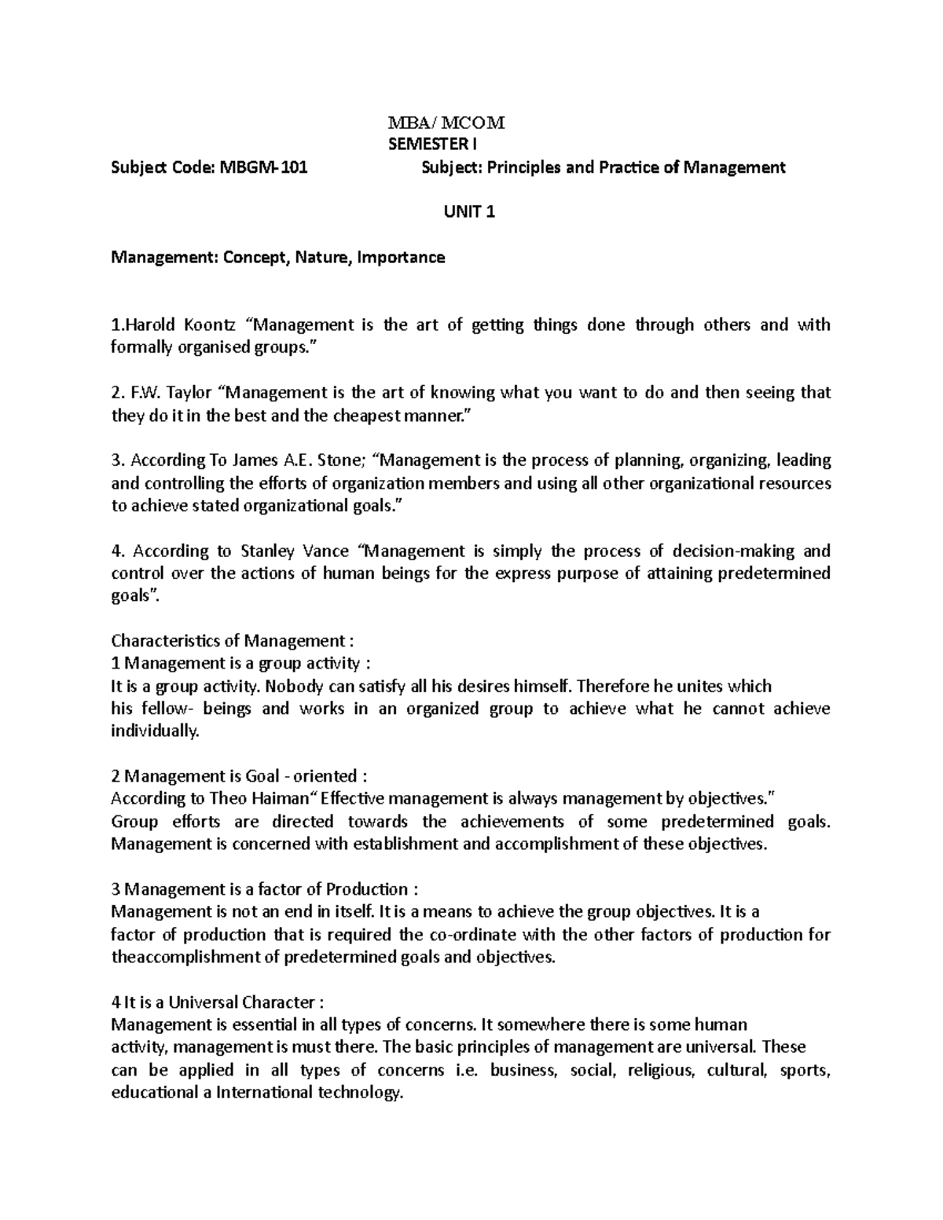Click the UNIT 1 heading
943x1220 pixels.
click(470, 212)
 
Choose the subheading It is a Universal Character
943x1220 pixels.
click(217, 1003)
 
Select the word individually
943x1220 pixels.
click(156, 731)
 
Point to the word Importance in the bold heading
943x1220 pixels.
click(401, 258)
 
